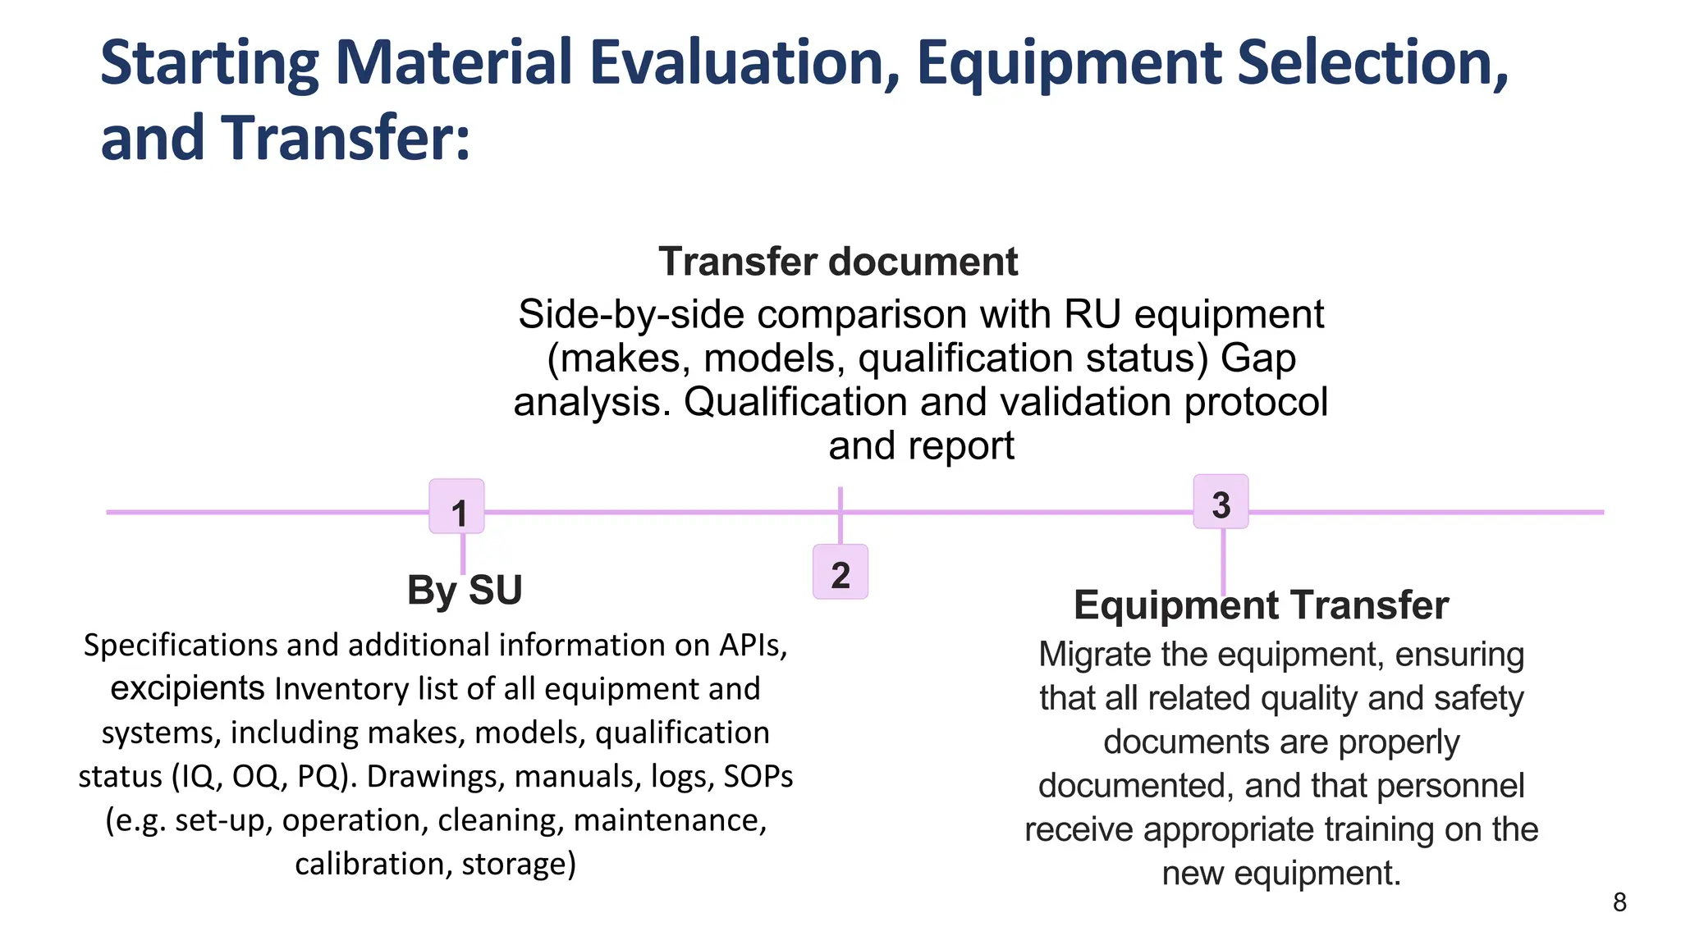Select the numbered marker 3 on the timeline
(1221, 502)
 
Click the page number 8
(1619, 902)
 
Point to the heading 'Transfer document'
(838, 262)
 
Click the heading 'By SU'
(465, 590)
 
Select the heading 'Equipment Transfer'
(1261, 605)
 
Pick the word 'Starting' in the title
(209, 63)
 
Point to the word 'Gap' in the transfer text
(1257, 358)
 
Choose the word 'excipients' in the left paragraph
(187, 688)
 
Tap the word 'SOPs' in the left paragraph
(758, 776)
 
